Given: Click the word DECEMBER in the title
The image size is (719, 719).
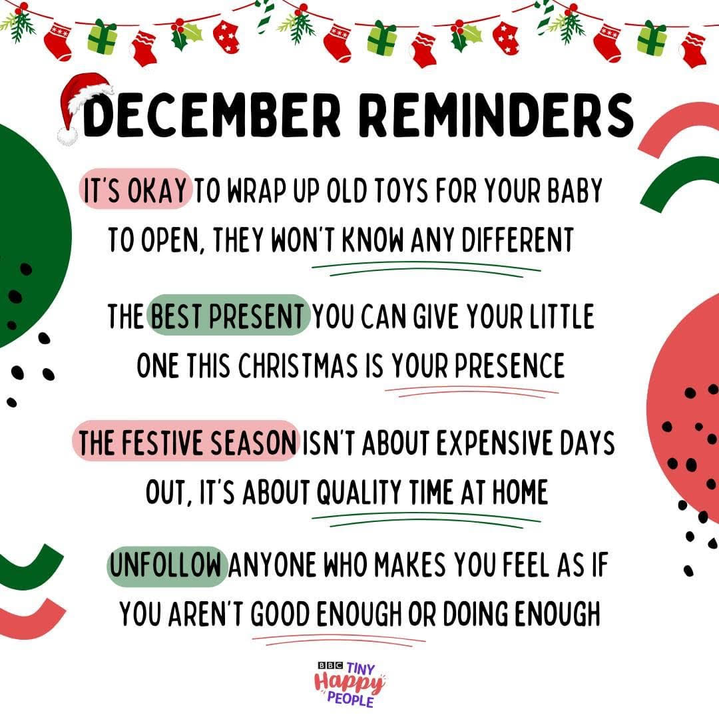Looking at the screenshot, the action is point(212,115).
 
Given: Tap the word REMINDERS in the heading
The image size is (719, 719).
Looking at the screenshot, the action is point(496,115).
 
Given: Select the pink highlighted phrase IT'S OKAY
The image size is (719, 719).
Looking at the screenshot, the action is point(135,189).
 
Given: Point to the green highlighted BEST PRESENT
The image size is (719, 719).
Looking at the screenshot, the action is point(228,316).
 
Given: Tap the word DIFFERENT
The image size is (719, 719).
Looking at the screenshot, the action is point(517,240).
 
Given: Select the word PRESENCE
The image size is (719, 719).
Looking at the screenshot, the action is point(509,365).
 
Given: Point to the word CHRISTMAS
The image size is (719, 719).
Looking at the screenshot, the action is point(298,365).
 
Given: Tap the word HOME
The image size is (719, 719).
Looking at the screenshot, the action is point(520,491).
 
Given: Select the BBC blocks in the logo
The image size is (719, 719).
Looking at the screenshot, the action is point(330,665).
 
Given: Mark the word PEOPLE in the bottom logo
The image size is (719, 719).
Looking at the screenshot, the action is point(350,700).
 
